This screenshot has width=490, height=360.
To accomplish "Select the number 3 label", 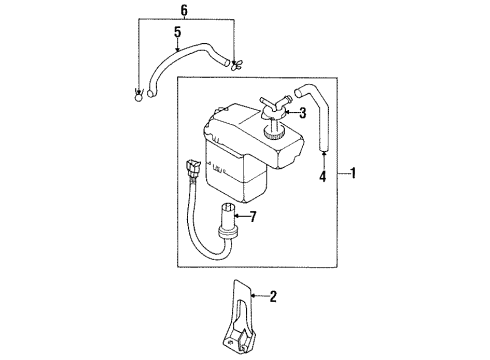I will tap(301, 113).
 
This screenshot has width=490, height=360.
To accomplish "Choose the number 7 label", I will tap(254, 216).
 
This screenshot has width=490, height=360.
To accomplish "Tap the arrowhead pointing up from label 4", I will tap(323, 157).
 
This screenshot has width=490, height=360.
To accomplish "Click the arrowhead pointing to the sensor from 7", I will tap(238, 216).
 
